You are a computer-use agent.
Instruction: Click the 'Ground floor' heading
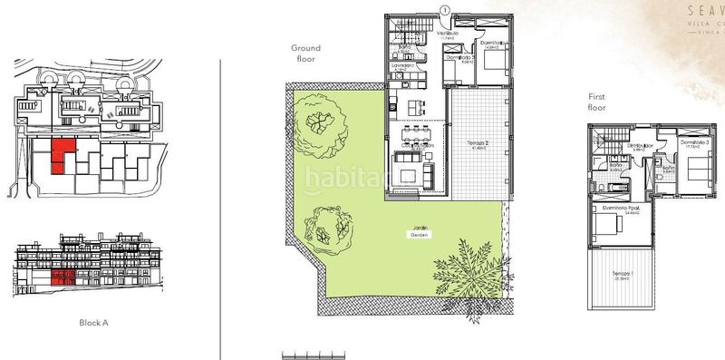click(x=306, y=54)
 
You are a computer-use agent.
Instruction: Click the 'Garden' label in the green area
click(x=418, y=235)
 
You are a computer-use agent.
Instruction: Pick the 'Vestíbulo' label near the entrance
click(x=446, y=34)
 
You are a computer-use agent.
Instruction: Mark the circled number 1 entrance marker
click(x=444, y=9)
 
